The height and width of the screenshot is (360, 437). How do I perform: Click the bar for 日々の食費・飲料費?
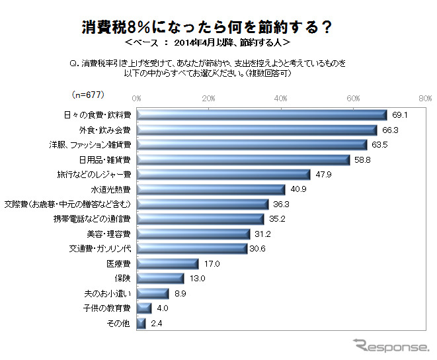261,114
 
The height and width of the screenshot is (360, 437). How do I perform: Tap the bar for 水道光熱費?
210,189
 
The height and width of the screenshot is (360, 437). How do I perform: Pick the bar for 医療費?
167,263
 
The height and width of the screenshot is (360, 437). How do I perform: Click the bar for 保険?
160,278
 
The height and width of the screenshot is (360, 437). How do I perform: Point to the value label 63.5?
379,144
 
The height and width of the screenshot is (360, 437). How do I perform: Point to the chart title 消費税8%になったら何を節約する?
206,28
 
